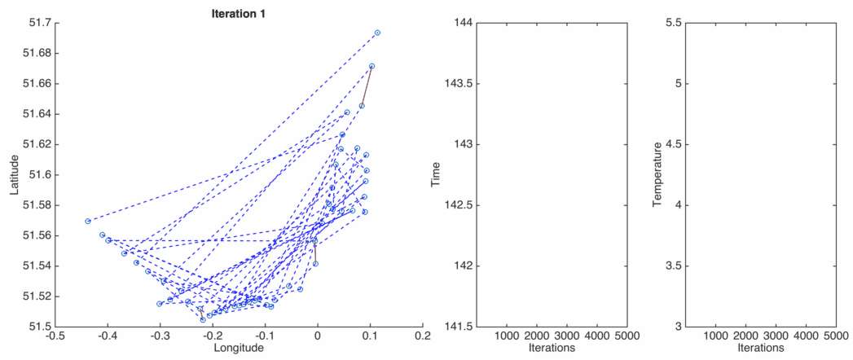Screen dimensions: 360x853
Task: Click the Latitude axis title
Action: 14,174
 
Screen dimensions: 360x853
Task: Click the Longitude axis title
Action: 238,348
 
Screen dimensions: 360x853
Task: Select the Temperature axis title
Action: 657,174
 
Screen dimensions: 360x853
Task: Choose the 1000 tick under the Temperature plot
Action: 714,335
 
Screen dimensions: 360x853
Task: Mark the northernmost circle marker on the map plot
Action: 377,33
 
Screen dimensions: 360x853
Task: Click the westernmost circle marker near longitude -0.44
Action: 87,221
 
